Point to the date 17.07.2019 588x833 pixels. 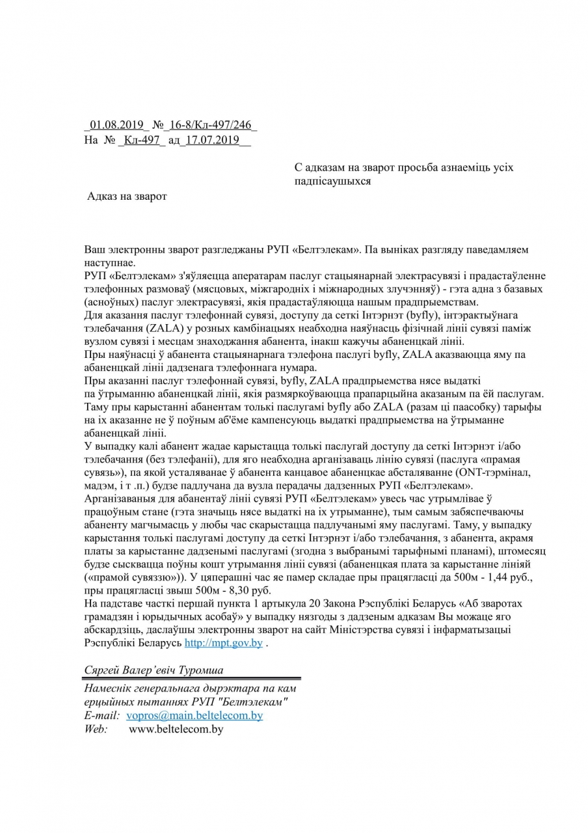[x=211, y=140]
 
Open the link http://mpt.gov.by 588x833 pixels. [x=224, y=643]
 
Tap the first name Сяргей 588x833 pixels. [x=103, y=669]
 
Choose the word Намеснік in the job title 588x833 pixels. [x=109, y=689]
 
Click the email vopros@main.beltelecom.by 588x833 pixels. [x=194, y=715]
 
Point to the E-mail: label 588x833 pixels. [x=103, y=715]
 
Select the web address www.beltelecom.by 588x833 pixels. [x=176, y=729]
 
